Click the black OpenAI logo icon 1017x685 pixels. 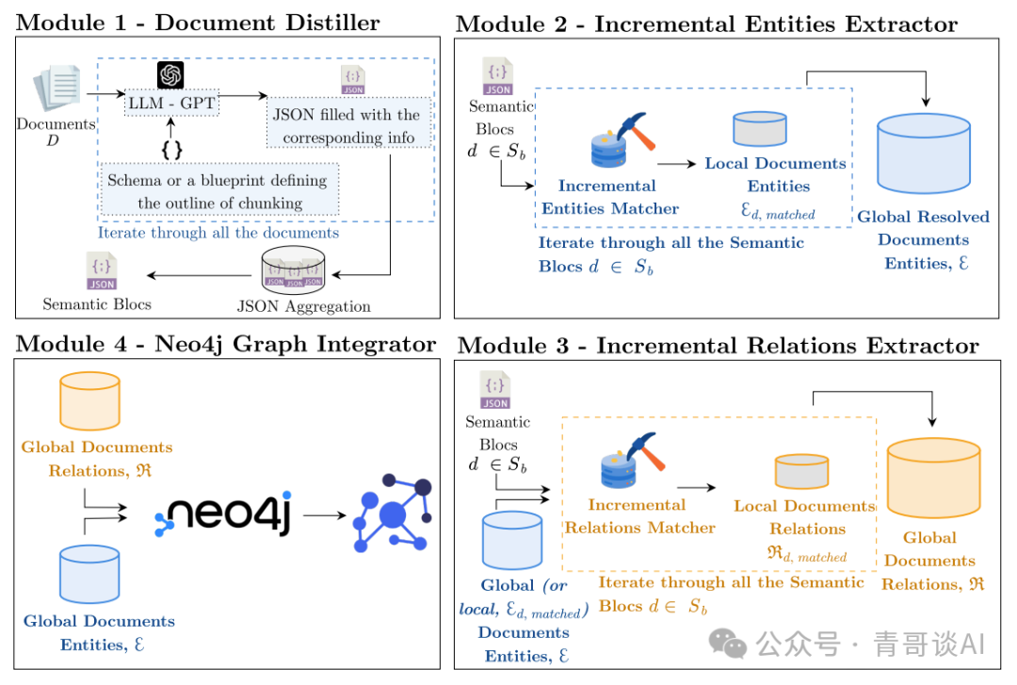(x=170, y=75)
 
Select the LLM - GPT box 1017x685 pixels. (x=172, y=104)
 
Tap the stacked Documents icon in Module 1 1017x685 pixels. (x=57, y=88)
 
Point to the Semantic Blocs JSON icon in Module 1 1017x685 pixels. (x=102, y=270)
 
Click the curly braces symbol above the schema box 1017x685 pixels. (x=172, y=150)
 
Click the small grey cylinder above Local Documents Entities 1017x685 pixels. (x=760, y=128)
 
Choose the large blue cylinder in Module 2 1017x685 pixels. (x=924, y=154)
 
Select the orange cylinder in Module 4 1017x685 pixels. (x=90, y=401)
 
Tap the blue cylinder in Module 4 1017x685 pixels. (x=89, y=574)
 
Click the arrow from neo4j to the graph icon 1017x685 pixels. (x=325, y=515)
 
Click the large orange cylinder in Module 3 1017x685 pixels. (x=933, y=478)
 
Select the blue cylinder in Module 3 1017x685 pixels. (x=512, y=541)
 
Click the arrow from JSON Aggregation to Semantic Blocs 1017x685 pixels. (x=199, y=275)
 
